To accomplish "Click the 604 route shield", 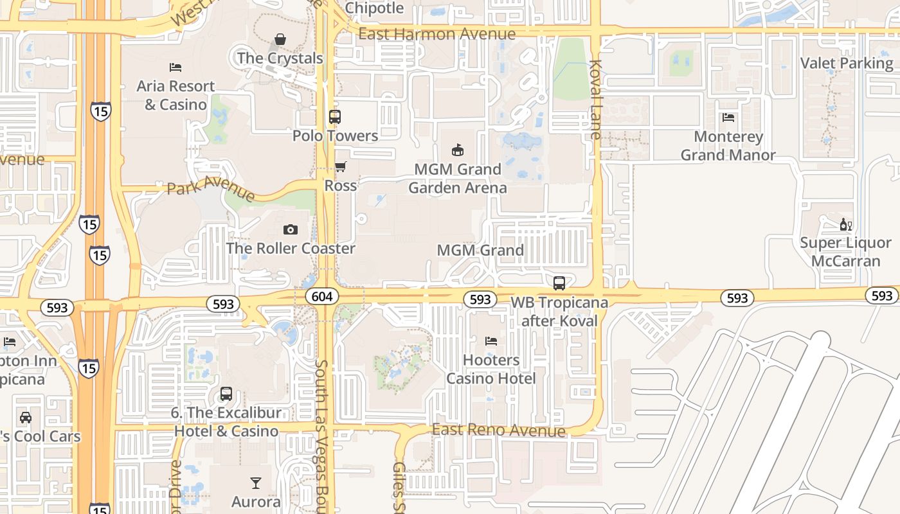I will click(x=322, y=296).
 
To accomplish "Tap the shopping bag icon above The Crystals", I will click(x=280, y=40).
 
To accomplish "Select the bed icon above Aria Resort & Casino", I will click(x=175, y=67).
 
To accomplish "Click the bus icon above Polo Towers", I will click(x=335, y=117).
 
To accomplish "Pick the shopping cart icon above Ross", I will click(x=341, y=167).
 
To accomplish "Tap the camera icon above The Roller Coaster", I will click(x=291, y=229).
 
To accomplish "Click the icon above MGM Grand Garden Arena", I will click(x=458, y=150).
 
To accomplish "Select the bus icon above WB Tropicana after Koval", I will click(x=559, y=283).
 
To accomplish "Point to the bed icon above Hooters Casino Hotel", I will click(x=491, y=341).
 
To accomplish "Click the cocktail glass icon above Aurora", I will click(x=256, y=483).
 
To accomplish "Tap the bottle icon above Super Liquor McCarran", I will click(x=845, y=224).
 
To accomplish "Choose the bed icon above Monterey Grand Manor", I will click(x=728, y=118).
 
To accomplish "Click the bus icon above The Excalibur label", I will click(x=226, y=394).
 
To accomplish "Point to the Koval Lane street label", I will click(x=595, y=100).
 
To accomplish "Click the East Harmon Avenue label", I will click(x=437, y=34).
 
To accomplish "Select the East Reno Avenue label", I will click(x=499, y=430).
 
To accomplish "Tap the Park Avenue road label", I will click(x=211, y=190).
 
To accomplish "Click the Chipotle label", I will click(x=374, y=8).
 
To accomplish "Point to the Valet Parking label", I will click(x=847, y=63).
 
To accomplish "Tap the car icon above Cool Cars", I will click(x=26, y=417).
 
